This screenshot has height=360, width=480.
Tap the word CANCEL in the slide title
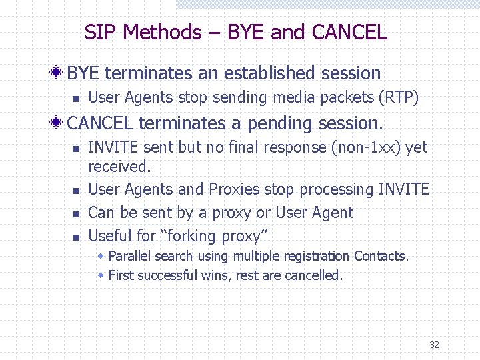349,32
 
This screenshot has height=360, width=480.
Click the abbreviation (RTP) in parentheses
398,98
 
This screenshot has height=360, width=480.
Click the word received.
119,166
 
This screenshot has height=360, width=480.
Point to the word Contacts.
381,256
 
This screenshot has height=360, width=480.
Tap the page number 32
434,345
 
